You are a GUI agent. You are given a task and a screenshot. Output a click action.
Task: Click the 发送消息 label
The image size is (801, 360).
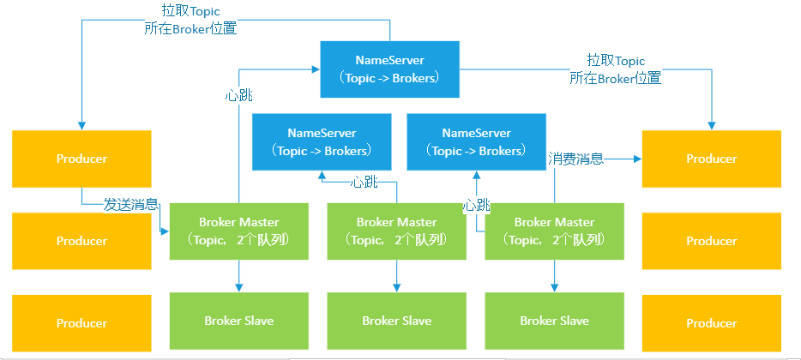(x=131, y=205)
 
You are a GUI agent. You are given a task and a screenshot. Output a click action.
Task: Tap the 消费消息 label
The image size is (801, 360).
(x=575, y=159)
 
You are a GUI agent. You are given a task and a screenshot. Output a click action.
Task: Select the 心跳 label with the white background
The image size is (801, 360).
(x=476, y=206)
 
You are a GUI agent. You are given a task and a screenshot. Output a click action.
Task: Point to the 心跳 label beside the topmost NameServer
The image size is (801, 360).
(x=238, y=95)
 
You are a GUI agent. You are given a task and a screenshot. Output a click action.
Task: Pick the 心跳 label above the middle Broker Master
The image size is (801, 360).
(x=364, y=183)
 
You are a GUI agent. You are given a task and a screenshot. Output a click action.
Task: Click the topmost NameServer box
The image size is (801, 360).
(x=389, y=69)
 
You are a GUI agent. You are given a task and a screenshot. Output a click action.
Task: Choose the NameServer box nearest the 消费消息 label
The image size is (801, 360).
(x=476, y=142)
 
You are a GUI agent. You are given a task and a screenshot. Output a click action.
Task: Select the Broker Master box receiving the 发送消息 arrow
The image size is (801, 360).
(x=239, y=231)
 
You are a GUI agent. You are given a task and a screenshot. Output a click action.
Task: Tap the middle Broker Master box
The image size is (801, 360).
(x=396, y=231)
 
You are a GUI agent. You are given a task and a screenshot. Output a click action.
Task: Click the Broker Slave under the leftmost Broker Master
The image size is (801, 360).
(x=239, y=321)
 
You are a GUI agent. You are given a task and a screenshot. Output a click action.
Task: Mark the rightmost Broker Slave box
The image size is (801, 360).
(x=554, y=321)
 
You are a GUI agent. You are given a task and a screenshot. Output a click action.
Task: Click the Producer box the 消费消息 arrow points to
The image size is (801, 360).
(x=712, y=159)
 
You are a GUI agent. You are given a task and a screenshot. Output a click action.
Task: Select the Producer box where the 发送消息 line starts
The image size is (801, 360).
(x=81, y=159)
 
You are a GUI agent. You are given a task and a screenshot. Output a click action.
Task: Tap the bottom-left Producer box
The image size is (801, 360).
(x=81, y=323)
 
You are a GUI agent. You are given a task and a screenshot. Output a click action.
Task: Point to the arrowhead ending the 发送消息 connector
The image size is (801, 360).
(x=165, y=231)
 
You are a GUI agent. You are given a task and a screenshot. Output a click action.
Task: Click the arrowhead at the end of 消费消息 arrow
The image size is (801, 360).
(x=637, y=159)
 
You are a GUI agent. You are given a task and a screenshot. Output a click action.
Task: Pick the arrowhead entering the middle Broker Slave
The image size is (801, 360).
(x=396, y=288)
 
